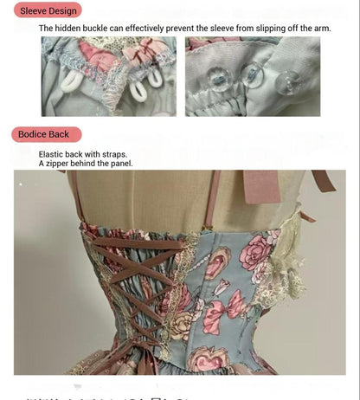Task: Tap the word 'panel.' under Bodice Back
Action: [119, 163]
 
